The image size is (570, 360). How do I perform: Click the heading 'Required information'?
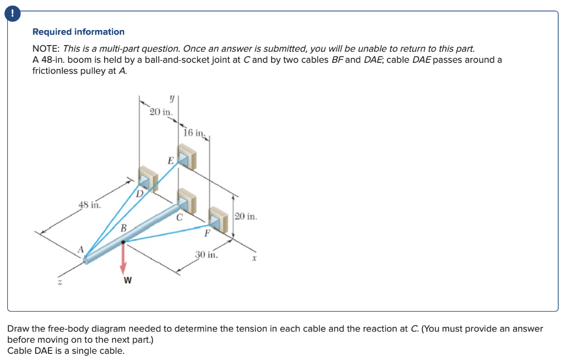[78, 32]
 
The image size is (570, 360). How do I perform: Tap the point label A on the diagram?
[80, 249]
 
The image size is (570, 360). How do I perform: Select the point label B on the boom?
[124, 228]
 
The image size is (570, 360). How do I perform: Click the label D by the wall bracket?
[140, 194]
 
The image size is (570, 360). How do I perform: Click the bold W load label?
[127, 280]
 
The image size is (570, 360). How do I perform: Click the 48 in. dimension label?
[89, 204]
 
